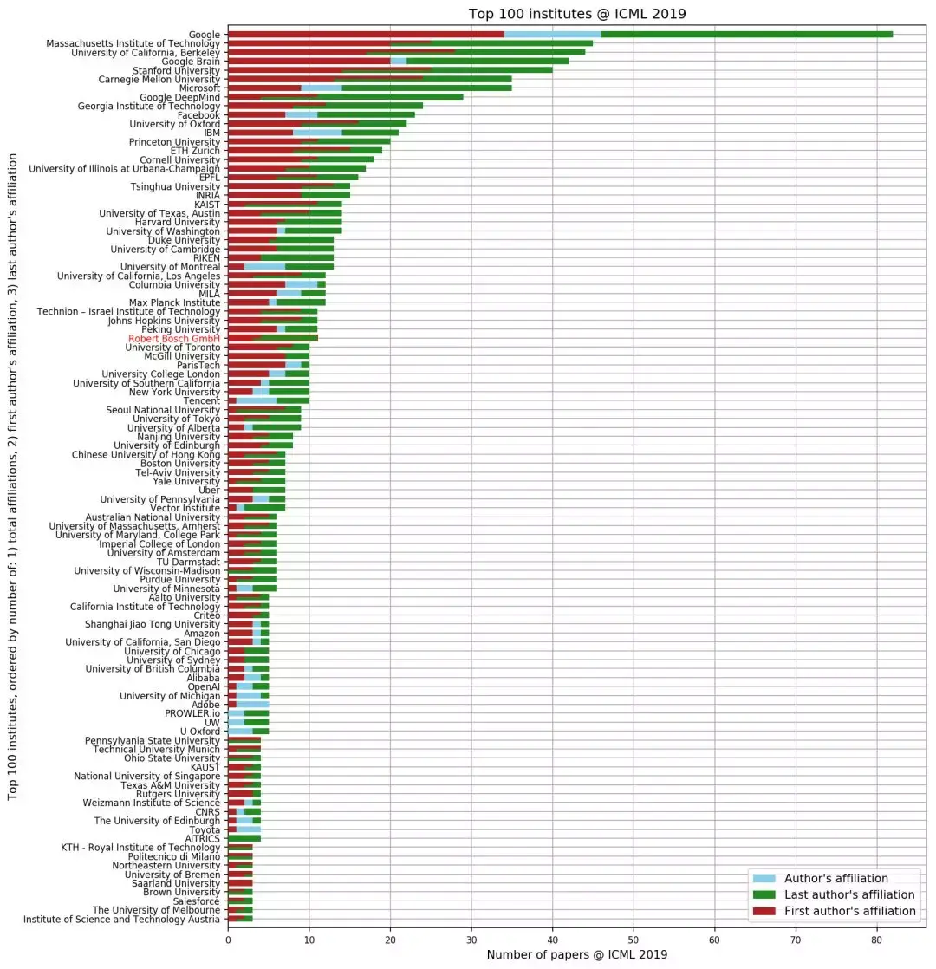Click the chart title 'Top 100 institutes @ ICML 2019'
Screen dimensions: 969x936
coord(576,13)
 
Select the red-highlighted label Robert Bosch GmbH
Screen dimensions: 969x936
coord(174,338)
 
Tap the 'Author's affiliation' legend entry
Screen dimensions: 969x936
coord(835,878)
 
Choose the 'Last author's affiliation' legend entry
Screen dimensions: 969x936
coord(848,894)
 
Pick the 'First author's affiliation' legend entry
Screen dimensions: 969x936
coord(849,911)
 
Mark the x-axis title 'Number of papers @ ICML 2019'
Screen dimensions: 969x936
coord(576,954)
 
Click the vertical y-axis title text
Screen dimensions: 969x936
coord(13,477)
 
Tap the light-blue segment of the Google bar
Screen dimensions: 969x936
coord(553,34)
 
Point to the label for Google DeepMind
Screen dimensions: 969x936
coord(180,97)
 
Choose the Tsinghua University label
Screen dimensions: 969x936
coord(176,186)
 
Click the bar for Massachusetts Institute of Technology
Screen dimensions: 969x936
coord(410,43)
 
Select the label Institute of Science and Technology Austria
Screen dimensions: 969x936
coord(122,919)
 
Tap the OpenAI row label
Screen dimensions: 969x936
coord(205,686)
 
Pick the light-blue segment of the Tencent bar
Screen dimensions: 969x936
coord(257,400)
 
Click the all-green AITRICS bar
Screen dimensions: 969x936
coord(244,838)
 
